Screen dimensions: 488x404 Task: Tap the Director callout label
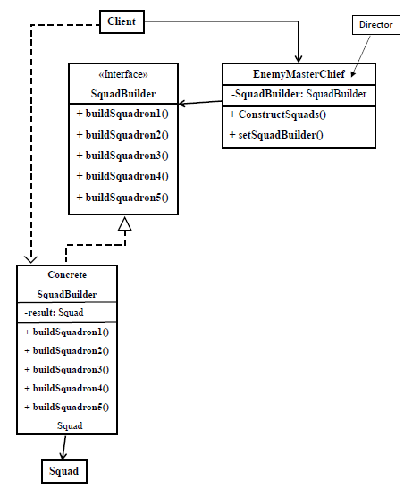[x=375, y=25]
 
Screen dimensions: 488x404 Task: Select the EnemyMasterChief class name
[x=299, y=74]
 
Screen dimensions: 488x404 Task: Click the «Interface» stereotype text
[x=122, y=75]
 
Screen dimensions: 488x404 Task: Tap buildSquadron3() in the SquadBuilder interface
[x=122, y=156]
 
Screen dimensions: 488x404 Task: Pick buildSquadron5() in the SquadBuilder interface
[x=122, y=198]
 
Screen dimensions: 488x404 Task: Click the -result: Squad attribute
[x=54, y=312]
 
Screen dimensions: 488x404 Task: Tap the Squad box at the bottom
[x=63, y=471]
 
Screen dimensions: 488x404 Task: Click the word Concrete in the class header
[x=66, y=275]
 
